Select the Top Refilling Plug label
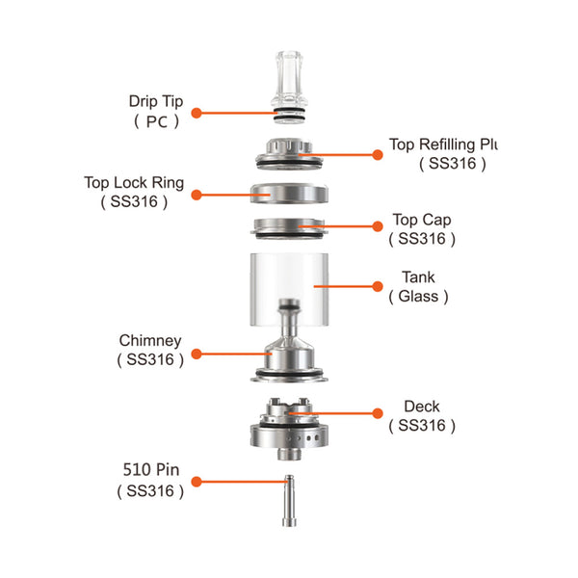[x=442, y=145]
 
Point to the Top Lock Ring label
[x=134, y=183]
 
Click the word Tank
[x=418, y=277]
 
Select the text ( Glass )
[x=418, y=297]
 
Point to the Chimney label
[x=149, y=341]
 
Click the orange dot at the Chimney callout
[x=196, y=354]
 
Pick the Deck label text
[x=422, y=407]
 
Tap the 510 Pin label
[x=150, y=472]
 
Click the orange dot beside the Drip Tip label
[x=196, y=113]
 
